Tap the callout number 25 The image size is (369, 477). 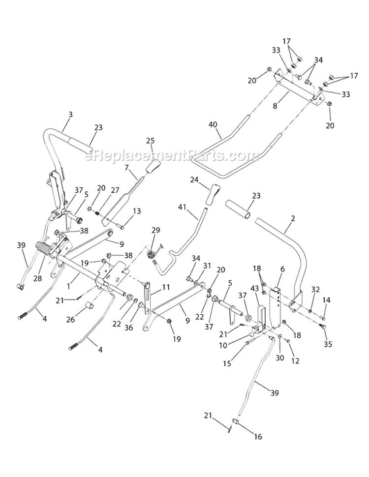[x=151, y=141]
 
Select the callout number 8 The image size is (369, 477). [x=275, y=105]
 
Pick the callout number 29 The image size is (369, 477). [x=156, y=230]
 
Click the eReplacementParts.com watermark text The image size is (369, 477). [x=172, y=156]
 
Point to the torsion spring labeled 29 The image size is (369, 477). [x=153, y=256]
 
